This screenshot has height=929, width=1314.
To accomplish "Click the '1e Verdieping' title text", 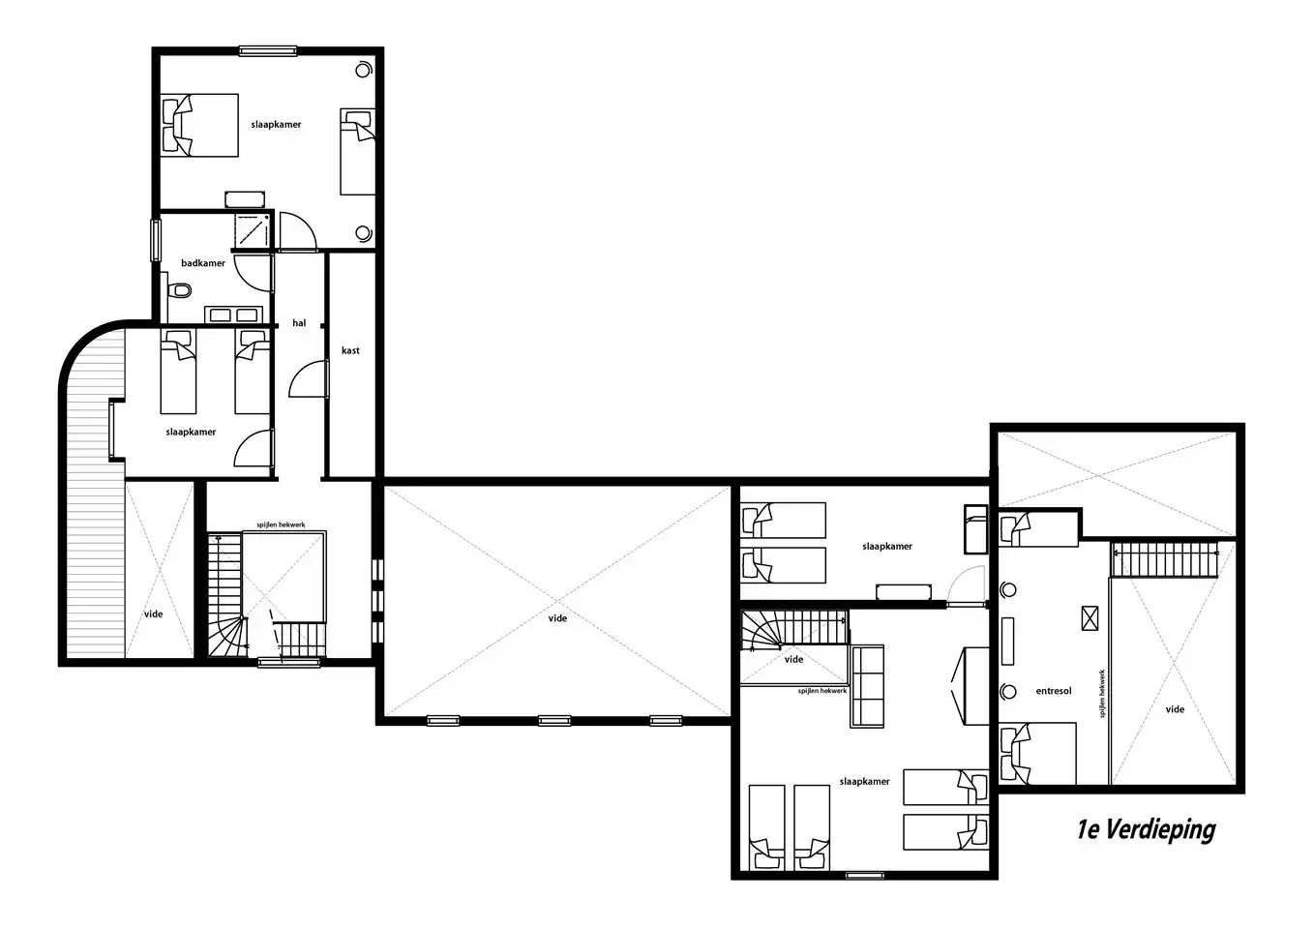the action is (x=1146, y=830).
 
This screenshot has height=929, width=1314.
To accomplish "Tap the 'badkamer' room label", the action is (x=203, y=263).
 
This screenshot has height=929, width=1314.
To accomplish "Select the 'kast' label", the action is (x=350, y=350).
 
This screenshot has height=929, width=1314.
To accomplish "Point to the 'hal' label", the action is (x=299, y=323).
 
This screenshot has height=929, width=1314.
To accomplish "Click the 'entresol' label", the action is (x=1054, y=691).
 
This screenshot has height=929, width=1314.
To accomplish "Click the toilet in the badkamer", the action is (x=180, y=290).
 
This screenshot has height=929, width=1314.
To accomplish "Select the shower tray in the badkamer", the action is (x=253, y=230).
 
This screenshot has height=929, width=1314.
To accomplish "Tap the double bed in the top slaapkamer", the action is (x=199, y=125).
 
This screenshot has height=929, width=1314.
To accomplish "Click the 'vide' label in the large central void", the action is (x=557, y=618).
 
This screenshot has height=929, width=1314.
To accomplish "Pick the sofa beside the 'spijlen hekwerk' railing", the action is (x=867, y=686).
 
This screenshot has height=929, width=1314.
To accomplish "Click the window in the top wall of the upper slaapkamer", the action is (x=267, y=51).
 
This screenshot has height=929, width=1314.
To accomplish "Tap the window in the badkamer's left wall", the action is (x=156, y=240).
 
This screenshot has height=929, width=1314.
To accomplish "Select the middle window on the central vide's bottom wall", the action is (x=554, y=721).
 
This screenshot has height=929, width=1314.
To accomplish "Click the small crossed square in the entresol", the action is (x=1090, y=618).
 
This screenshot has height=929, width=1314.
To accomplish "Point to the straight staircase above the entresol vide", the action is (x=1164, y=559).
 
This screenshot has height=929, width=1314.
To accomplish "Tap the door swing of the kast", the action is (x=308, y=379).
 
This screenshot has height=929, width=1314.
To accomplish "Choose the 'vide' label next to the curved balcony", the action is (x=153, y=614).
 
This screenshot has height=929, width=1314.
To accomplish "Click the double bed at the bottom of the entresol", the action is (x=1037, y=754).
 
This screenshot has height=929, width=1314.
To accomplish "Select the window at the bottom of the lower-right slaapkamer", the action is (x=864, y=876).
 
